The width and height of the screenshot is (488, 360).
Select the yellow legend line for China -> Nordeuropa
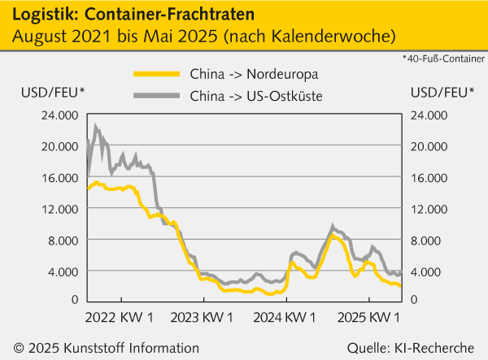click(x=157, y=73)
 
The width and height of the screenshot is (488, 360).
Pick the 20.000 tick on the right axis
click(x=430, y=147)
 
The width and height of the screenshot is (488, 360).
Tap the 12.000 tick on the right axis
click(x=430, y=209)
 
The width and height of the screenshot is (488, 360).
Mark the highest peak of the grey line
click(x=96, y=126)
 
